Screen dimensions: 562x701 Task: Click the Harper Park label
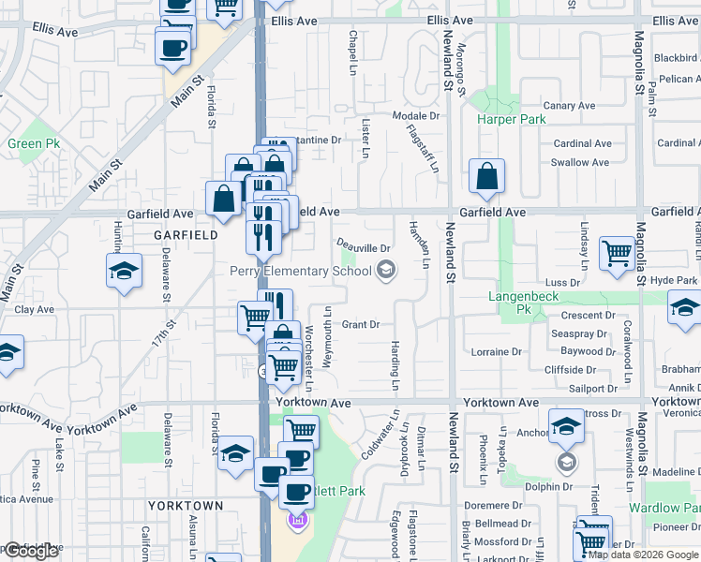point(511,120)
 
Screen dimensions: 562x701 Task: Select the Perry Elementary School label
point(301,272)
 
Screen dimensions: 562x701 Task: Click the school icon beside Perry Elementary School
point(384,272)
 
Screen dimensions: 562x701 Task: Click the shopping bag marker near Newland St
point(487,176)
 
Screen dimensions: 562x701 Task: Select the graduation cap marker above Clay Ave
point(124,272)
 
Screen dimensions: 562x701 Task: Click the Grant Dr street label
point(361,325)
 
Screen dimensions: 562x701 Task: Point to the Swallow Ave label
point(580,162)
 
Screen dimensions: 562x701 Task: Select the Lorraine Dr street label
point(497,352)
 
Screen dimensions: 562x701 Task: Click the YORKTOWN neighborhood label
point(186,506)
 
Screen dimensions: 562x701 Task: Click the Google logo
point(31,551)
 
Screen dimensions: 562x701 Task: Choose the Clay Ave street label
point(35,308)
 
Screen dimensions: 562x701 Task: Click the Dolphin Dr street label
point(548,486)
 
